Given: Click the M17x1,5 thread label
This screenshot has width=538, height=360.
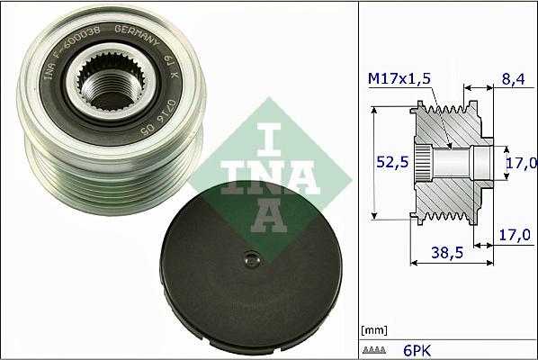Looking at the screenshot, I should pyautogui.click(x=399, y=80).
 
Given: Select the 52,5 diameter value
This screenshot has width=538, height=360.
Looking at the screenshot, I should pyautogui.click(x=389, y=162).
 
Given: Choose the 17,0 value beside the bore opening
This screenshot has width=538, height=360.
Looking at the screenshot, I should pyautogui.click(x=521, y=163).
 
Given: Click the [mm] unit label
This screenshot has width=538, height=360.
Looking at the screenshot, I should pyautogui.click(x=372, y=329).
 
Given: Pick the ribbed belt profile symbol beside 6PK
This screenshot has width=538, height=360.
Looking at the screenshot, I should pyautogui.click(x=374, y=347).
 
